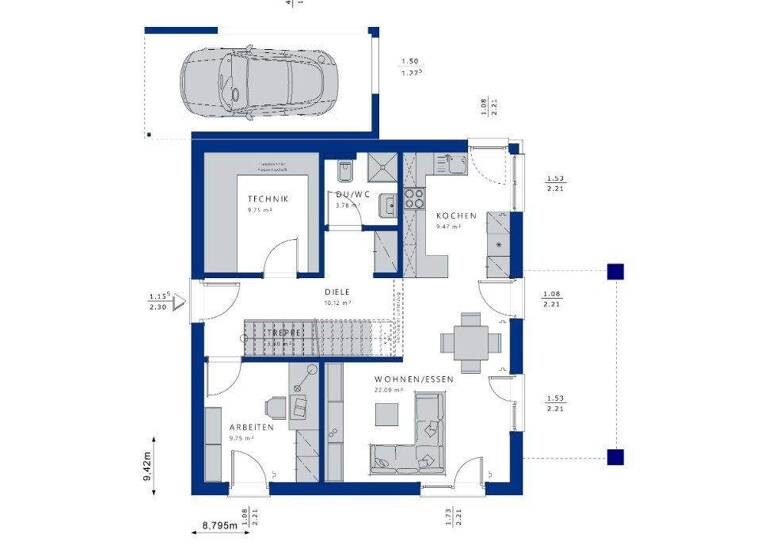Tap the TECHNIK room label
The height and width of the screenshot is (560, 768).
tap(268, 200)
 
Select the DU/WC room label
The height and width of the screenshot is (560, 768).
tap(353, 195)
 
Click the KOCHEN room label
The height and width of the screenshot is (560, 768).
tap(449, 215)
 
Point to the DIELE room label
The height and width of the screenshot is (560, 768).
tap(337, 290)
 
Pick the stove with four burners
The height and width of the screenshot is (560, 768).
tap(413, 197)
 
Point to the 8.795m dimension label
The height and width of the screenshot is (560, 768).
tap(220, 524)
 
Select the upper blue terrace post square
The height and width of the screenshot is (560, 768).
tap(616, 270)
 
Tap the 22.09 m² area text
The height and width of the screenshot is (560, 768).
tap(390, 391)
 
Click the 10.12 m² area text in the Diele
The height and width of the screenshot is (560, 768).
tap(337, 302)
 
